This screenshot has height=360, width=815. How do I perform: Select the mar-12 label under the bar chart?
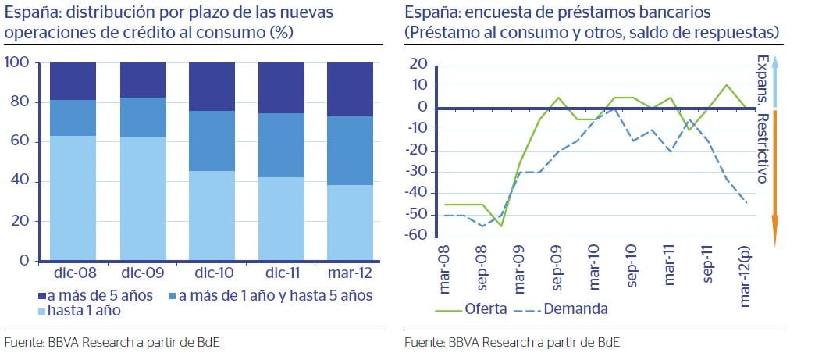(351, 275)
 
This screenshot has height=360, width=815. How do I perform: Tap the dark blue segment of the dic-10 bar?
(212, 86)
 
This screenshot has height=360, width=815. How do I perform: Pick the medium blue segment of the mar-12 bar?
(351, 150)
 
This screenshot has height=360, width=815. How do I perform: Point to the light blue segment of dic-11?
(281, 219)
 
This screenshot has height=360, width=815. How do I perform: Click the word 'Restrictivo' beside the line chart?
(762, 149)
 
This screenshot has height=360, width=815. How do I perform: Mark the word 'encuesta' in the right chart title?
(489, 12)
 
